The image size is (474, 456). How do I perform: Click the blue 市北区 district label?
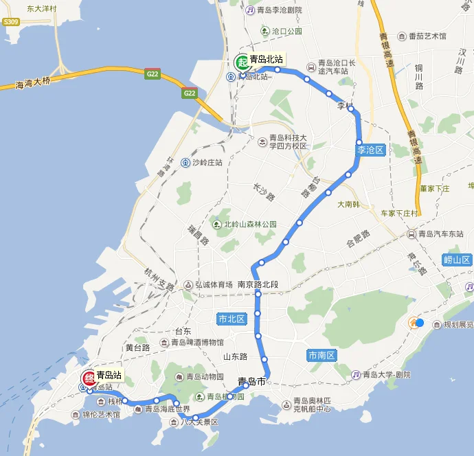click(x=231, y=319)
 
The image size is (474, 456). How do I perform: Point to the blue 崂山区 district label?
click(x=455, y=260)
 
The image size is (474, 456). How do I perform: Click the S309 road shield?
click(x=10, y=22)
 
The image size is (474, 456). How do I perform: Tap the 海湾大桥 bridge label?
click(x=34, y=84)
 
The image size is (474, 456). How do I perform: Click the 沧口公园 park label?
click(x=286, y=32)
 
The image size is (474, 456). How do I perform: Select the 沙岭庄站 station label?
click(x=206, y=163)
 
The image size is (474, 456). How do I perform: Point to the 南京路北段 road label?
click(x=258, y=284)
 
